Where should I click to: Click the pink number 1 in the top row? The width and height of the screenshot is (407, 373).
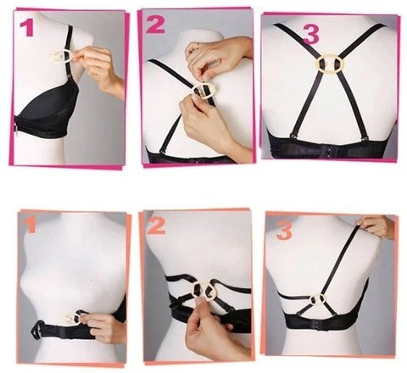[26, 29]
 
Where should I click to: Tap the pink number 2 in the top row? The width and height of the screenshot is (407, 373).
[155, 25]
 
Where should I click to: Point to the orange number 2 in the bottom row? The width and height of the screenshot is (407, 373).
[156, 225]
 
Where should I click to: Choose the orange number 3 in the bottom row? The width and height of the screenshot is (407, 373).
[284, 231]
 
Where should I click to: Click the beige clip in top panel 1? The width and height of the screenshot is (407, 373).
[64, 57]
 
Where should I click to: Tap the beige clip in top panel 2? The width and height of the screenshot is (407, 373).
[203, 91]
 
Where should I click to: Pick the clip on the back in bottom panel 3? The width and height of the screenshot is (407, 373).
[318, 299]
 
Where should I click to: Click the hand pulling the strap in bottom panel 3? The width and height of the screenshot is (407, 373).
[376, 226]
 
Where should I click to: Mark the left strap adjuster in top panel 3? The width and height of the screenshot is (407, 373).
[294, 136]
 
